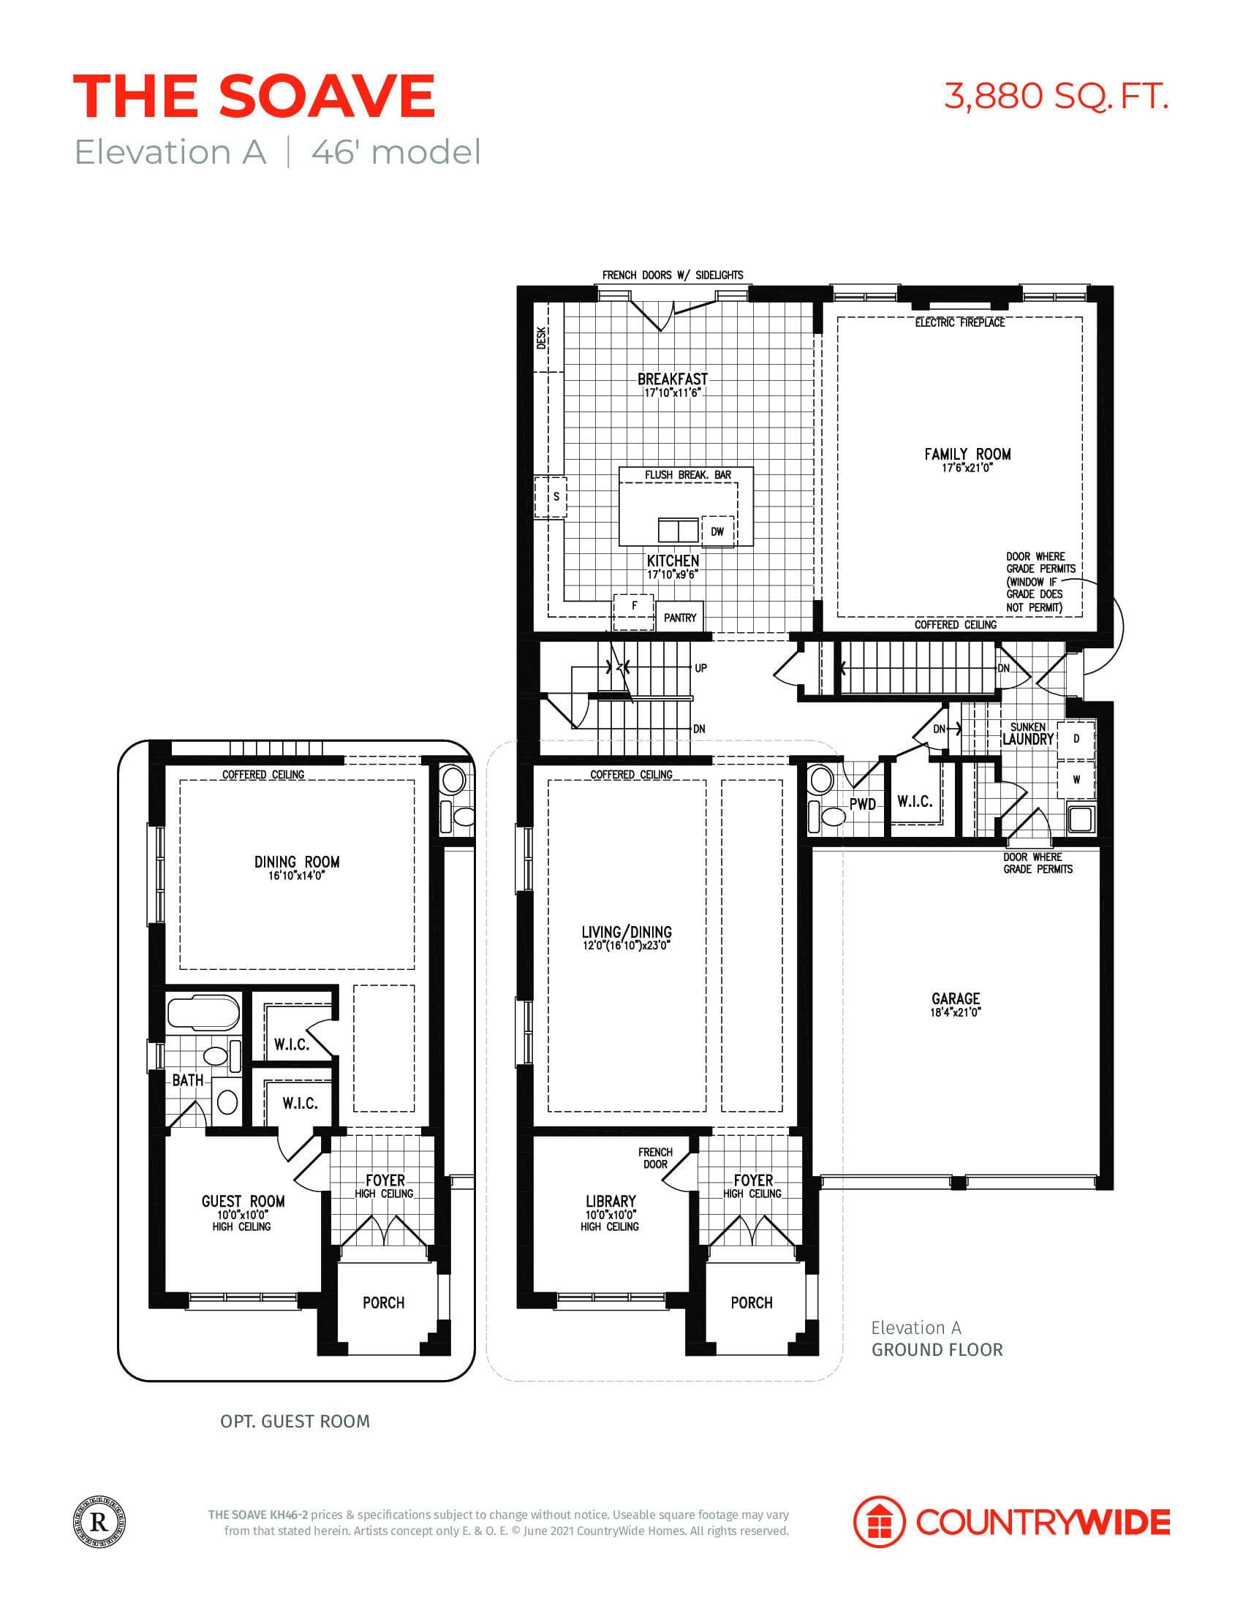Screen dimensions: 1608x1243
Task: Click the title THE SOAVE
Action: click(x=254, y=96)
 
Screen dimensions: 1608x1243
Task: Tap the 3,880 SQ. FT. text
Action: click(x=1055, y=96)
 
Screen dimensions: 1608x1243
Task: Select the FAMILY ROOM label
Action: click(x=967, y=455)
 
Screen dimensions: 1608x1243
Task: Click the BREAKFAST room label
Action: click(x=671, y=379)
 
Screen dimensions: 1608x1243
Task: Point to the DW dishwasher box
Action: click(x=717, y=531)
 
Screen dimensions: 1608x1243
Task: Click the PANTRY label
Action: click(x=679, y=618)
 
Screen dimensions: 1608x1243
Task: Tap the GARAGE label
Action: click(x=955, y=998)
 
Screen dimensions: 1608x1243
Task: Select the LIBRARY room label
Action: click(x=610, y=1201)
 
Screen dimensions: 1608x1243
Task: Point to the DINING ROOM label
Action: click(x=297, y=862)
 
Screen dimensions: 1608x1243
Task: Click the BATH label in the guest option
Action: click(x=188, y=1081)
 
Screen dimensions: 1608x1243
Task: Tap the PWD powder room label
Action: click(x=862, y=804)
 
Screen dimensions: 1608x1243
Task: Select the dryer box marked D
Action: click(x=1076, y=738)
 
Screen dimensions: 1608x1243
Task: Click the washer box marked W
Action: click(x=1076, y=781)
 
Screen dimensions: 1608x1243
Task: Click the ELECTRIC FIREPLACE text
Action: click(x=959, y=322)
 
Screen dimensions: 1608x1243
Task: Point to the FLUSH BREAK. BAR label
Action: click(x=687, y=475)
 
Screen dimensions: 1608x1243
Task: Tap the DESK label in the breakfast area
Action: click(x=541, y=338)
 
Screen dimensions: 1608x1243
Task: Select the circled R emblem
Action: click(x=99, y=1521)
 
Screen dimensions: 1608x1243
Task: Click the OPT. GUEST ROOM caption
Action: click(x=295, y=1421)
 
